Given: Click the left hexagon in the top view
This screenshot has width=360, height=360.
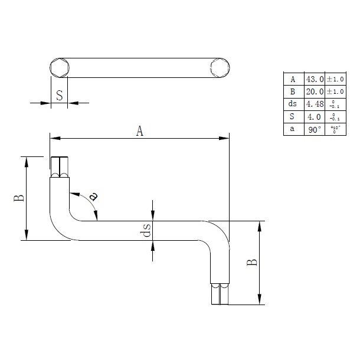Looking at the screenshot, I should coord(59,68).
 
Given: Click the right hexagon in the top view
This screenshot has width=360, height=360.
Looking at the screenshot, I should coord(218,68).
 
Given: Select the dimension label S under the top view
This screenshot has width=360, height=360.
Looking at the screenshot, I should coord(59,95).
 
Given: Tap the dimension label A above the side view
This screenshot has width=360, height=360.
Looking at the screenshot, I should coord(140,132).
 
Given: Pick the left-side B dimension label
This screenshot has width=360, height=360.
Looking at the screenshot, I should coord(19,198).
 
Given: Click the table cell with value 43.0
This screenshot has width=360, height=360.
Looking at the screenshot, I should coord(314,79).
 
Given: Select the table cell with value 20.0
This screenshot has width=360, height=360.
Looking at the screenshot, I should coord(314,91).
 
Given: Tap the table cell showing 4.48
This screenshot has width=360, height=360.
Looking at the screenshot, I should coord(314,104).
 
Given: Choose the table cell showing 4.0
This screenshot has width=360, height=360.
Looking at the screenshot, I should coord(314,116).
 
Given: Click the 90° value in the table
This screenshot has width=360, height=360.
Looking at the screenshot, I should coord(314,129).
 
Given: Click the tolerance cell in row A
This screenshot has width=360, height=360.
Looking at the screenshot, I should coord(334,79).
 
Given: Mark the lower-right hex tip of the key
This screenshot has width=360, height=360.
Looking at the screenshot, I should coord(220,294).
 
